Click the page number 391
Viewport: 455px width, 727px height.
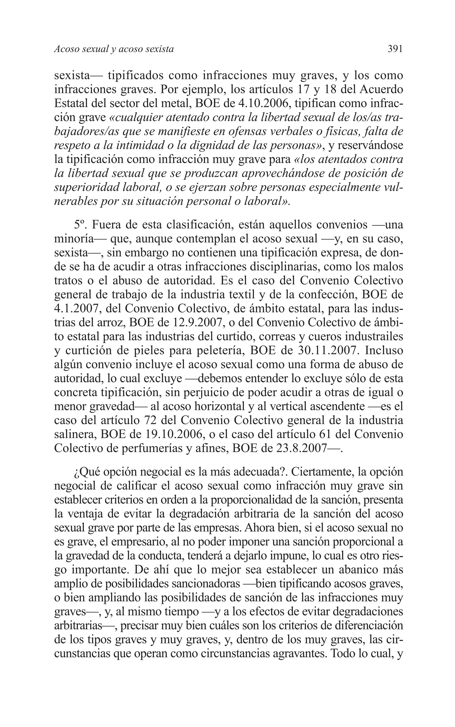pos(395,49)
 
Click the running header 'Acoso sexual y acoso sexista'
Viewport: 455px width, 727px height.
pos(114,49)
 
